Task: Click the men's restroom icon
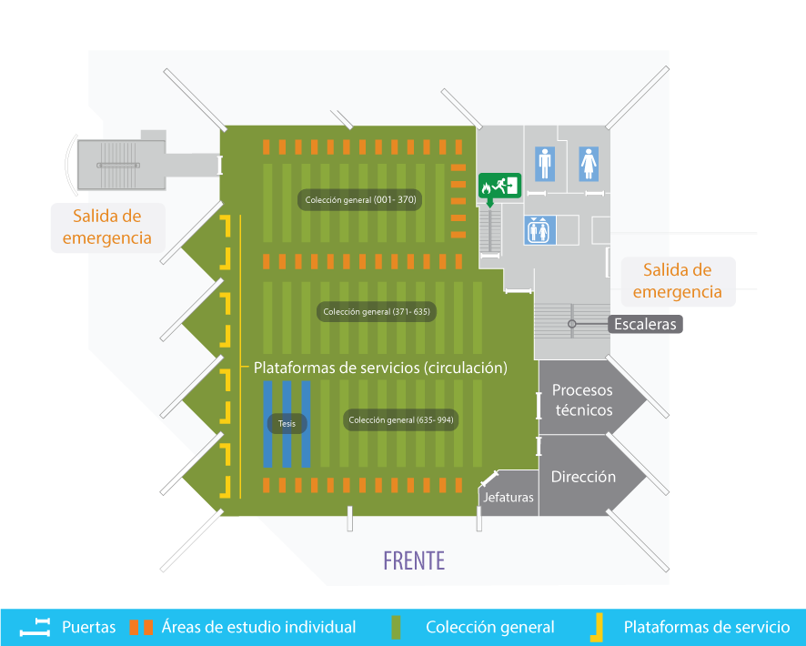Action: click(545, 164)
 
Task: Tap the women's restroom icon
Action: click(589, 164)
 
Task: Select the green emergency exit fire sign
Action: click(499, 186)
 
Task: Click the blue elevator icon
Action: click(539, 230)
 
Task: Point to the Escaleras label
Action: click(645, 324)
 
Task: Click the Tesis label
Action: click(287, 423)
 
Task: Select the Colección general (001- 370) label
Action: click(360, 200)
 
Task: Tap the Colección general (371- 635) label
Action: click(377, 311)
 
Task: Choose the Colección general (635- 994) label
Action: click(401, 419)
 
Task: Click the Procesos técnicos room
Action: click(582, 399)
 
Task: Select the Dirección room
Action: click(583, 477)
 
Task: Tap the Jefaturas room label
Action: click(509, 497)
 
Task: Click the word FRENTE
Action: click(414, 560)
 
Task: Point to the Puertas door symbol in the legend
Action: click(35, 628)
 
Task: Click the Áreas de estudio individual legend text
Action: click(258, 627)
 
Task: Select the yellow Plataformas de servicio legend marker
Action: click(597, 628)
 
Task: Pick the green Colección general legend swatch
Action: click(396, 628)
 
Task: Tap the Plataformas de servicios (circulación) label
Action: click(380, 368)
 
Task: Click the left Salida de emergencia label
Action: click(107, 227)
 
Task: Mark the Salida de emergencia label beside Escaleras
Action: click(678, 281)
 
